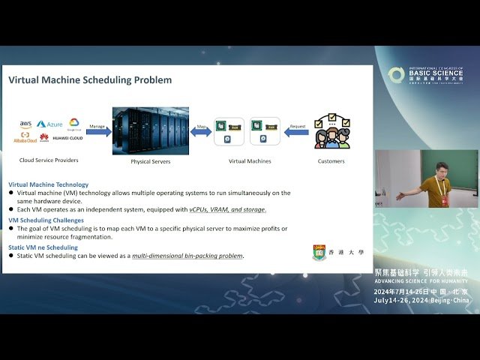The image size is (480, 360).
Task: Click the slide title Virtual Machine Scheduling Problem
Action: [x=90, y=80]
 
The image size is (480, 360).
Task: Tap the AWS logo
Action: [x=25, y=124]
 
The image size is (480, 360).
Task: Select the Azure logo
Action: [x=50, y=124]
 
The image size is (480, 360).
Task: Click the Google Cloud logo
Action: [x=74, y=124]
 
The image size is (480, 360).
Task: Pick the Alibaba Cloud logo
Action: [x=25, y=137]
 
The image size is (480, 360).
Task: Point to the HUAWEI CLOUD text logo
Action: [x=67, y=138]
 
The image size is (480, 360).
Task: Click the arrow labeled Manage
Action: [x=98, y=131]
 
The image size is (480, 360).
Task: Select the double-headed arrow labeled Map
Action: [x=201, y=131]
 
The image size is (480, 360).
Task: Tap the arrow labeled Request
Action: [x=297, y=131]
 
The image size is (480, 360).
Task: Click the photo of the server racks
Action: [x=150, y=130]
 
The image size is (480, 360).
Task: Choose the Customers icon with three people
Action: [x=331, y=132]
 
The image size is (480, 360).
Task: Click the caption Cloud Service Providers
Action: [x=49, y=160]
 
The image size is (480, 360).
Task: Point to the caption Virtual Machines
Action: [x=250, y=160]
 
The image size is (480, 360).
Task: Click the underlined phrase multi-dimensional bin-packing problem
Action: [x=187, y=256]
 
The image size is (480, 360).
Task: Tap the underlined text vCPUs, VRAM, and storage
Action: [x=227, y=210]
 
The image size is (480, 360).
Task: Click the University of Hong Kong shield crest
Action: [x=319, y=253]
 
